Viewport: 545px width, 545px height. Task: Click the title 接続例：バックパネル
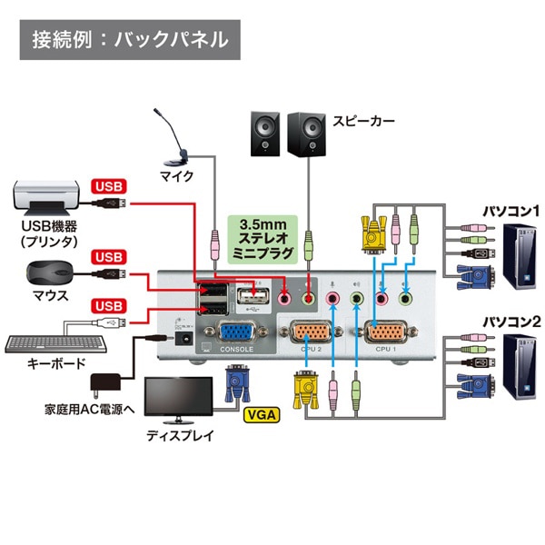point(130,41)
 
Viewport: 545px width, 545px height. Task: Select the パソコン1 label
point(510,211)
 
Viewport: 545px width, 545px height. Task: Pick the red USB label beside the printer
point(106,187)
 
